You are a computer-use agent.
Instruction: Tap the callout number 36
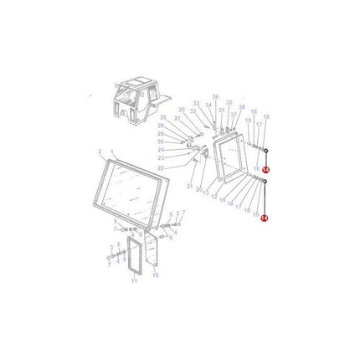point(215,97)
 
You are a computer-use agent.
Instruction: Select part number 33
point(196,105)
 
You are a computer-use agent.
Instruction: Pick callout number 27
point(177,119)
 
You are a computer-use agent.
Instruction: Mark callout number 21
point(190,186)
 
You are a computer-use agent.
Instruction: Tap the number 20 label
point(198,190)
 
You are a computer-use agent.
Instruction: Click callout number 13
point(206,193)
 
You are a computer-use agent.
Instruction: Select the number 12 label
point(214,198)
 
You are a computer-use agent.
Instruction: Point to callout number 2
point(100,152)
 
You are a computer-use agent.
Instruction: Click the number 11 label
point(135,281)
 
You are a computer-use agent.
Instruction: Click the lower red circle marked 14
point(265,218)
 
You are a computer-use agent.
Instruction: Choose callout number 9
point(116,221)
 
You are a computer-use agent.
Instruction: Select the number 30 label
point(161,141)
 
